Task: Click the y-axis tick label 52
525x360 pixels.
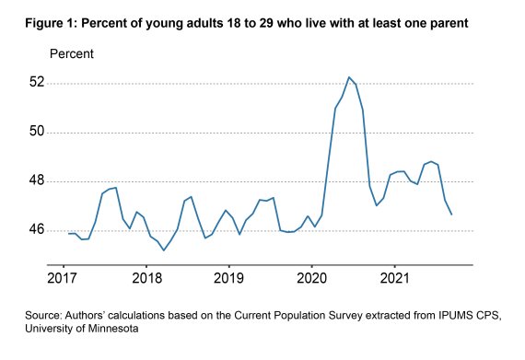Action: (x=37, y=82)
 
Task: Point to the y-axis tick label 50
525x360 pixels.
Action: (x=37, y=131)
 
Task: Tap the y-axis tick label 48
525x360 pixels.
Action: (x=37, y=180)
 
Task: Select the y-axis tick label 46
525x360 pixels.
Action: (x=37, y=229)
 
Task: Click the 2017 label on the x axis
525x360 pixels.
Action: (x=62, y=278)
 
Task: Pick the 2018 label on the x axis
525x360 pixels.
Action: (x=146, y=278)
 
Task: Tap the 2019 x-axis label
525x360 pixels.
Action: (x=228, y=278)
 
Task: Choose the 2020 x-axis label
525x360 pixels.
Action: (x=311, y=278)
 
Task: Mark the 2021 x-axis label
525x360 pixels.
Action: (x=394, y=278)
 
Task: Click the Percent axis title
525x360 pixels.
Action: (x=72, y=54)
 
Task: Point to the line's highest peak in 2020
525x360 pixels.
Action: (x=348, y=77)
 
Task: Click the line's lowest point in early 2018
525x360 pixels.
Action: (x=164, y=250)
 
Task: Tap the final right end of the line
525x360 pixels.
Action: (x=451, y=215)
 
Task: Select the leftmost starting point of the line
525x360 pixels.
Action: (x=68, y=234)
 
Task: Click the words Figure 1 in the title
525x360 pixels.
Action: (x=52, y=23)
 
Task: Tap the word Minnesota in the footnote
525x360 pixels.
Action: (x=113, y=328)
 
